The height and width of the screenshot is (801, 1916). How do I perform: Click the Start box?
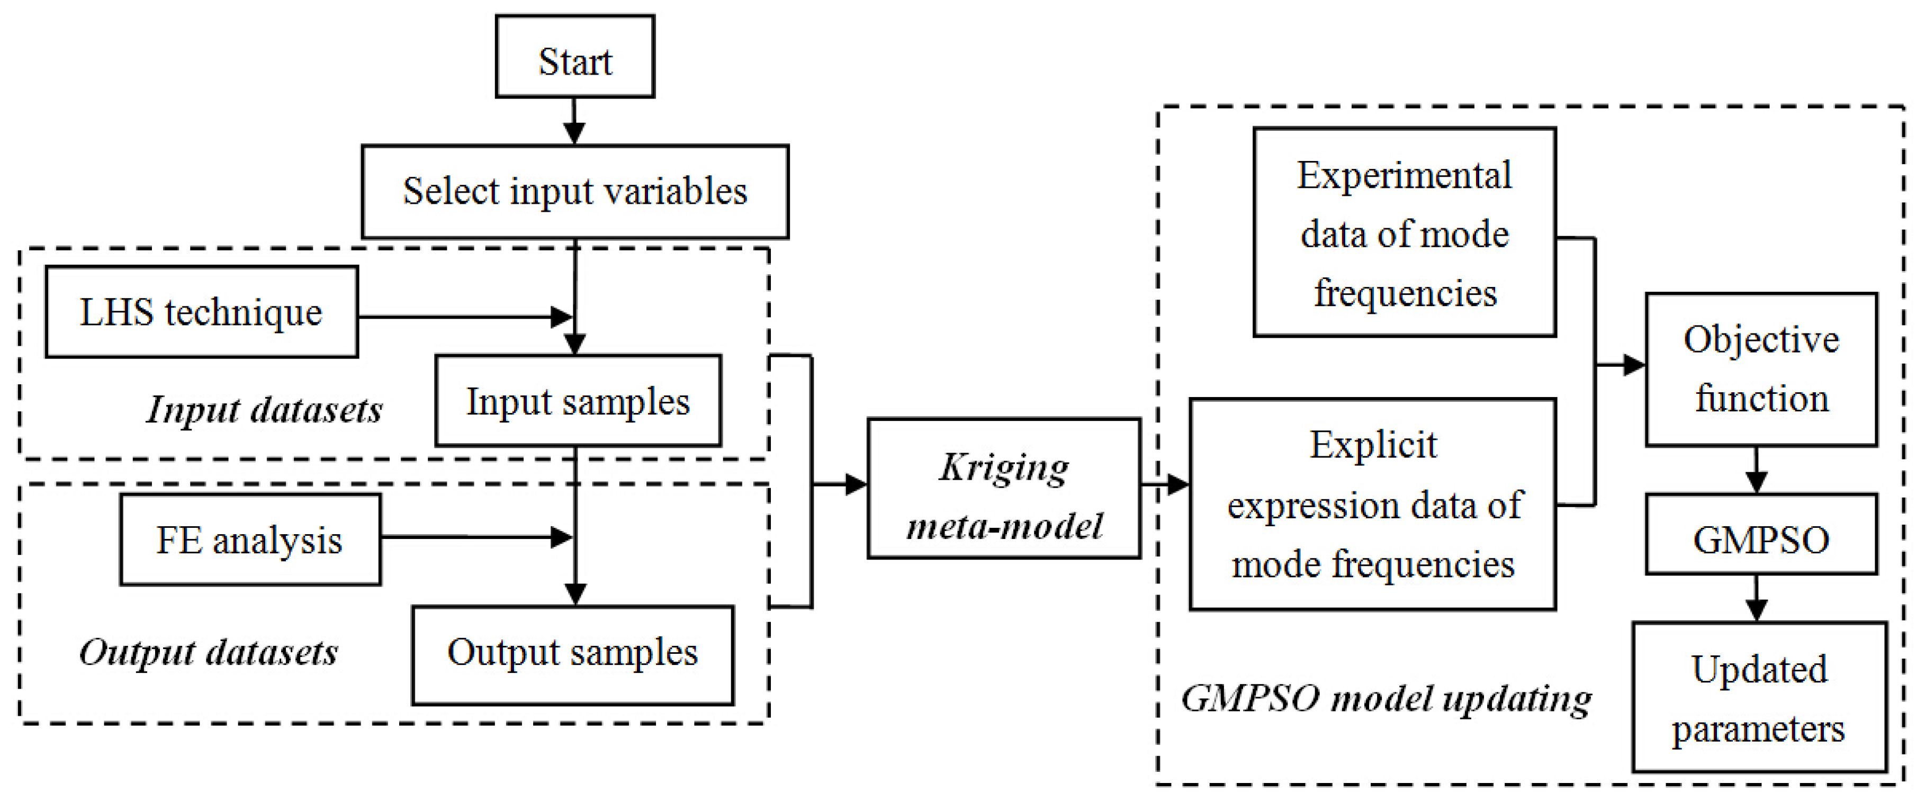click(575, 57)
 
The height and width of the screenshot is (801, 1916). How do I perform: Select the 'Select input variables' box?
click(575, 192)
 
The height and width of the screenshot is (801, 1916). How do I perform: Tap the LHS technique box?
click(202, 312)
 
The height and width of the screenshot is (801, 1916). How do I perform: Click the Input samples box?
click(578, 401)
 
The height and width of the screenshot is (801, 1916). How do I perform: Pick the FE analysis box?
click(250, 540)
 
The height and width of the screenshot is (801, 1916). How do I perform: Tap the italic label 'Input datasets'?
click(264, 409)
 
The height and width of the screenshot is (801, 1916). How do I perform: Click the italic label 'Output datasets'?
click(209, 652)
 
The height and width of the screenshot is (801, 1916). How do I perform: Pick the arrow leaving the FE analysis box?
click(476, 537)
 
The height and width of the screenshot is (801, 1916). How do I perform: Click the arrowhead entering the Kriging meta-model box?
click(856, 485)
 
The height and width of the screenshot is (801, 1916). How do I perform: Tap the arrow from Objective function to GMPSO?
click(1757, 470)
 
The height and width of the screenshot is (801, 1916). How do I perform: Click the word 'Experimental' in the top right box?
click(1404, 176)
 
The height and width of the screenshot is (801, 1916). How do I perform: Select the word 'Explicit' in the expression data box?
click(1373, 445)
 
